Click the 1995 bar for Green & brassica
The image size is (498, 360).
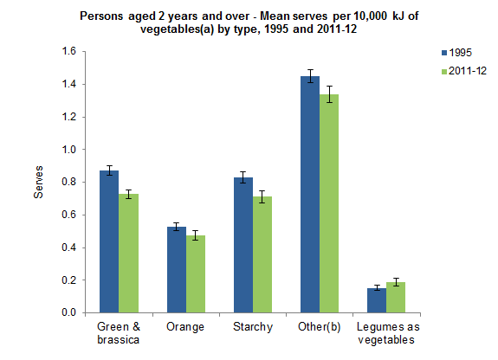tap(108, 241)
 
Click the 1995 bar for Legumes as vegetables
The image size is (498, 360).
tap(377, 300)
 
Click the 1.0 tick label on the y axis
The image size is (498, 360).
tap(68, 150)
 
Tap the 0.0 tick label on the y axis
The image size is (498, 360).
tap(68, 312)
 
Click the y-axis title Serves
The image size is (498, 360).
tap(37, 183)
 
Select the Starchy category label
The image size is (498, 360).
tap(253, 327)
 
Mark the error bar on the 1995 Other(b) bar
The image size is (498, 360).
tap(310, 77)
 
